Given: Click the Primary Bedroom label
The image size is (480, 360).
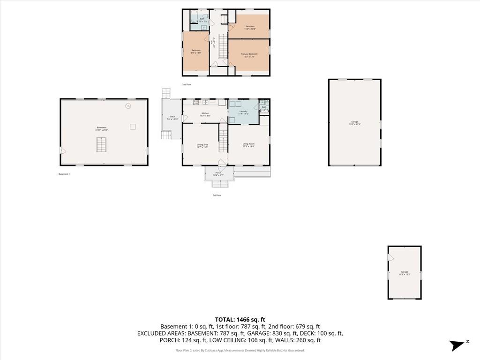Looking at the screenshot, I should click(x=249, y=55).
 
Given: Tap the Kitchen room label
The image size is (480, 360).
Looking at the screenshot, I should click(x=205, y=114).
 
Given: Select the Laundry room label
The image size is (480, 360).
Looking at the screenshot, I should click(x=243, y=112).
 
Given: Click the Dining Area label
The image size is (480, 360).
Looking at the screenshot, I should click(x=202, y=145).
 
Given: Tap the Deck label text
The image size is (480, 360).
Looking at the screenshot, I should click(x=172, y=118).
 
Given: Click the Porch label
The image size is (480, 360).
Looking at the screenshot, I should click(x=218, y=174).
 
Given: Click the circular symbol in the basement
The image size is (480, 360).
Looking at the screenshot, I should click(x=127, y=106).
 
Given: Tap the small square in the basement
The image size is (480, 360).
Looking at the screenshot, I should click(x=133, y=126).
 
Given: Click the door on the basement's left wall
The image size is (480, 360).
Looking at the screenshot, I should click(x=63, y=151).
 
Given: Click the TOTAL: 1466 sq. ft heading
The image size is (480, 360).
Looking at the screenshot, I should click(x=240, y=319).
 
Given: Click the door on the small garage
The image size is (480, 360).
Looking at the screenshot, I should click(x=390, y=258).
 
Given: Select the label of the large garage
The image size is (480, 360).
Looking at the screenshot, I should click(x=355, y=123).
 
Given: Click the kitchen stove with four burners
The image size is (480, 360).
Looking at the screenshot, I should click(x=196, y=102).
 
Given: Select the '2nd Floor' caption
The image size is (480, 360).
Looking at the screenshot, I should click(x=187, y=84).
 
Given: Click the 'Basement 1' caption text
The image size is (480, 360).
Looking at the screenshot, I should click(x=64, y=174).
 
